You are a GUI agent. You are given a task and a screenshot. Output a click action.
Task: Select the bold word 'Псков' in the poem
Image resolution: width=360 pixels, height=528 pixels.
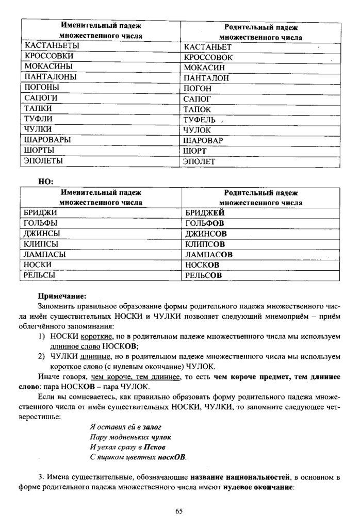click(x=155, y=447)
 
